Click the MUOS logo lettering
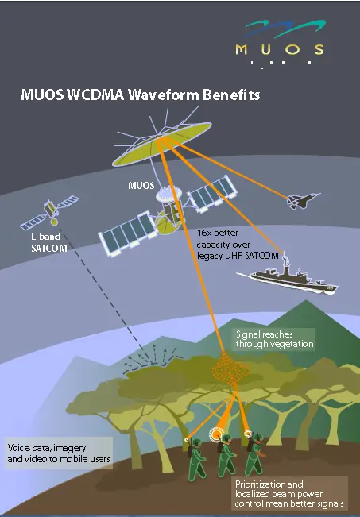click(x=280, y=49)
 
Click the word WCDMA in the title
click(x=95, y=95)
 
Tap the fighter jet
click(x=303, y=200)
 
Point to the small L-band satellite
click(x=50, y=212)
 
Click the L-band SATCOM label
click(x=48, y=242)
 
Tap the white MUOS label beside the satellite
click(x=141, y=185)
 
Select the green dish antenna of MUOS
click(x=161, y=144)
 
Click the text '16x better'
click(x=218, y=233)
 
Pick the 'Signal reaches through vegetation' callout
click(x=274, y=339)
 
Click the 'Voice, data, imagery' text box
click(x=58, y=453)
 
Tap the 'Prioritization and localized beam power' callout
click(x=289, y=494)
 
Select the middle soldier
click(x=226, y=455)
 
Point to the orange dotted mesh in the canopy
click(x=230, y=369)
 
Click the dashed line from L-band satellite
click(x=102, y=290)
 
